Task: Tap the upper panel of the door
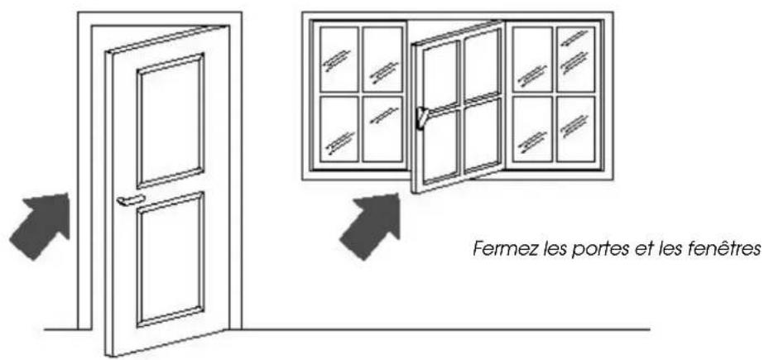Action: tap(170, 120)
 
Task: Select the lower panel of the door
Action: tap(170, 257)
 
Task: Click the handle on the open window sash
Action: tap(423, 118)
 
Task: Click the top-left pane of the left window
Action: tap(339, 59)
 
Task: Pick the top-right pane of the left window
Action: tap(382, 59)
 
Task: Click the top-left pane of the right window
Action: tap(532, 59)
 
